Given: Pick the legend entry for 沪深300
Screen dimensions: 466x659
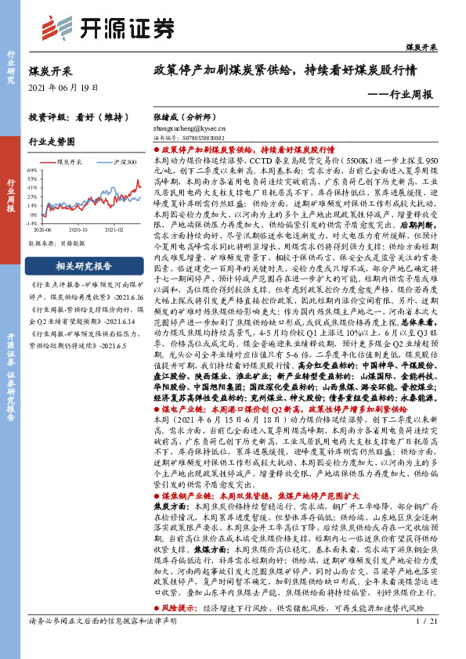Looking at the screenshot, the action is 117,161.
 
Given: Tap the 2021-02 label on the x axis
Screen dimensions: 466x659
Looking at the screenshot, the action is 115,231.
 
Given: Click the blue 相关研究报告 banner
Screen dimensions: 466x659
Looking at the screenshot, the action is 78,265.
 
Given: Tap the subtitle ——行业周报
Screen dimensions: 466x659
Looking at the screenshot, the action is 399,95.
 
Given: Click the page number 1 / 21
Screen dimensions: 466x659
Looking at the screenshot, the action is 427,643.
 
